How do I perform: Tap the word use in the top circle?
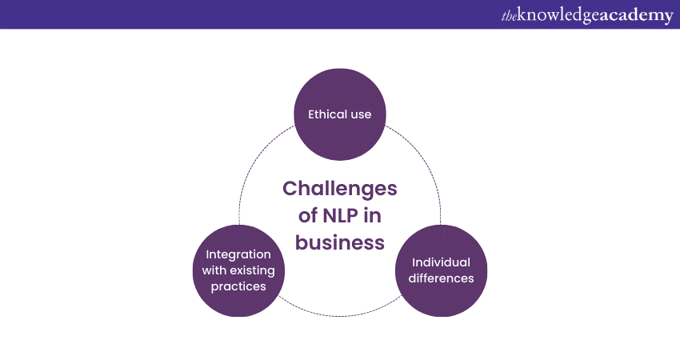(x=361, y=114)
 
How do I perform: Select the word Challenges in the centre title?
(x=339, y=188)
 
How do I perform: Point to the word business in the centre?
(x=340, y=242)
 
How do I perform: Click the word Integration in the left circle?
(x=239, y=254)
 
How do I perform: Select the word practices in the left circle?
(x=239, y=286)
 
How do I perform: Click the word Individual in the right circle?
(x=441, y=262)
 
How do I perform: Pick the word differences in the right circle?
(x=441, y=278)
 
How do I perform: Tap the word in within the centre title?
(x=376, y=215)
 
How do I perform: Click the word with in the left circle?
(x=217, y=270)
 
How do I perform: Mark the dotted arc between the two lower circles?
(x=340, y=314)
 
